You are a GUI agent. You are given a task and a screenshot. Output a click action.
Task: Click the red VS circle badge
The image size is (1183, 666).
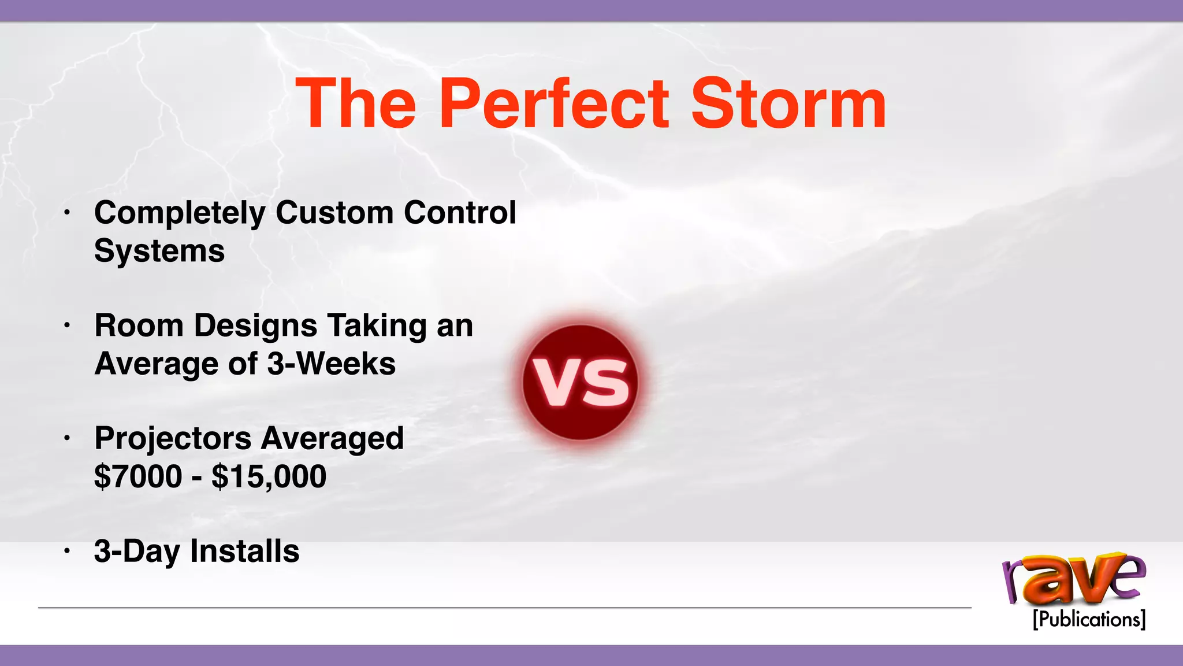coord(580,382)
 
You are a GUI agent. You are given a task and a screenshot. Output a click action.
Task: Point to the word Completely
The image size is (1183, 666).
coord(180,213)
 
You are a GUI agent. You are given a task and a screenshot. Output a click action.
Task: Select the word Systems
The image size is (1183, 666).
coord(159,251)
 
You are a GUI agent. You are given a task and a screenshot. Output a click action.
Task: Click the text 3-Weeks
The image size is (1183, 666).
coord(332,364)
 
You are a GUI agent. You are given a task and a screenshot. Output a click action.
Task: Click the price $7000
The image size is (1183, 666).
coord(138,476)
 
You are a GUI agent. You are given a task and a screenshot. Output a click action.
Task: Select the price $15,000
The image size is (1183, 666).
coord(269,477)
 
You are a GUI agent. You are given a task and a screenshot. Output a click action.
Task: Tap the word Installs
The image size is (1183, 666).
coord(244,551)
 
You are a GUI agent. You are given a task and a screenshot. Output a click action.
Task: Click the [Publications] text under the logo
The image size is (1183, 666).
coord(1088,619)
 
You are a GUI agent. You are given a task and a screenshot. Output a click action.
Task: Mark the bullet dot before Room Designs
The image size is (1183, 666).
coord(67,326)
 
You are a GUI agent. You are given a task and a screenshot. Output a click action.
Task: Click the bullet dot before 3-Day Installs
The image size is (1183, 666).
coord(67,552)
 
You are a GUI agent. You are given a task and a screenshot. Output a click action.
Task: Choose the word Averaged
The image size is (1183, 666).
coord(332,438)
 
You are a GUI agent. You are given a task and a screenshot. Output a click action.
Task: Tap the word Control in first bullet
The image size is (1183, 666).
coord(460,212)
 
